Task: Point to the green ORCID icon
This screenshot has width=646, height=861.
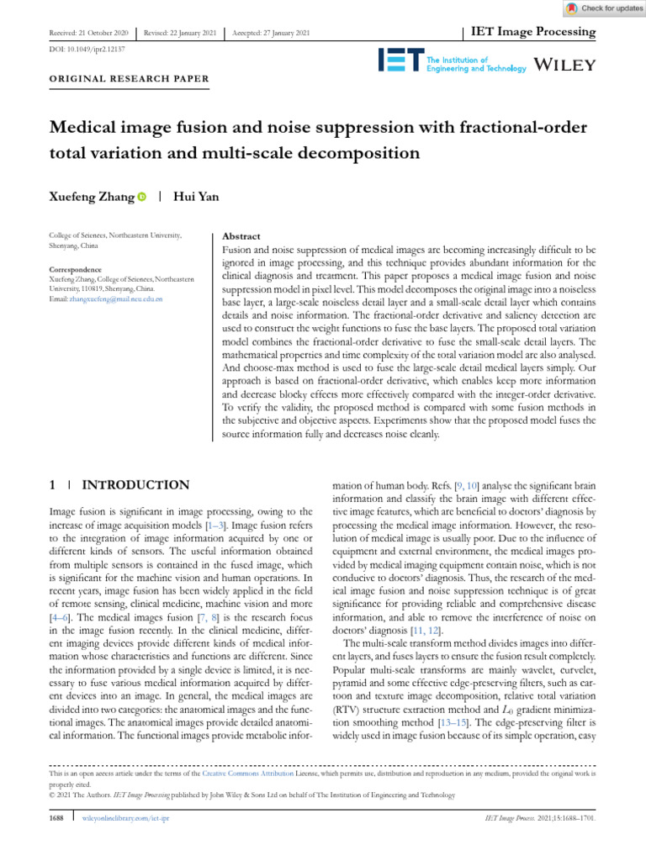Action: (141, 198)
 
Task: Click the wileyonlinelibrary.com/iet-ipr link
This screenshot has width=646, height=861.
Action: (125, 817)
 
